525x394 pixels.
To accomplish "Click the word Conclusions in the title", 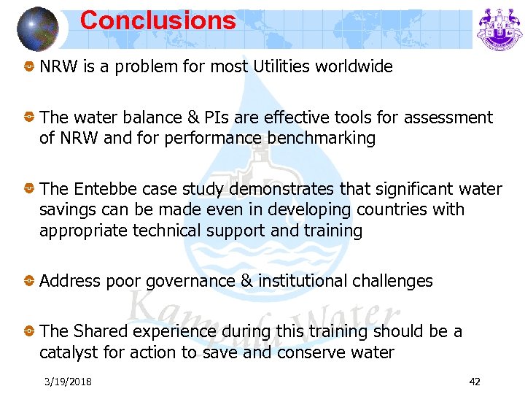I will point(157,20).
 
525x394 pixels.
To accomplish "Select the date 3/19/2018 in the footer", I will point(67,382).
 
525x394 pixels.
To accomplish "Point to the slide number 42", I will point(475,382).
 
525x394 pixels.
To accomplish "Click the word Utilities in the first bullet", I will point(284,67).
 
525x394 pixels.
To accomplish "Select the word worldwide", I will point(357,67).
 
